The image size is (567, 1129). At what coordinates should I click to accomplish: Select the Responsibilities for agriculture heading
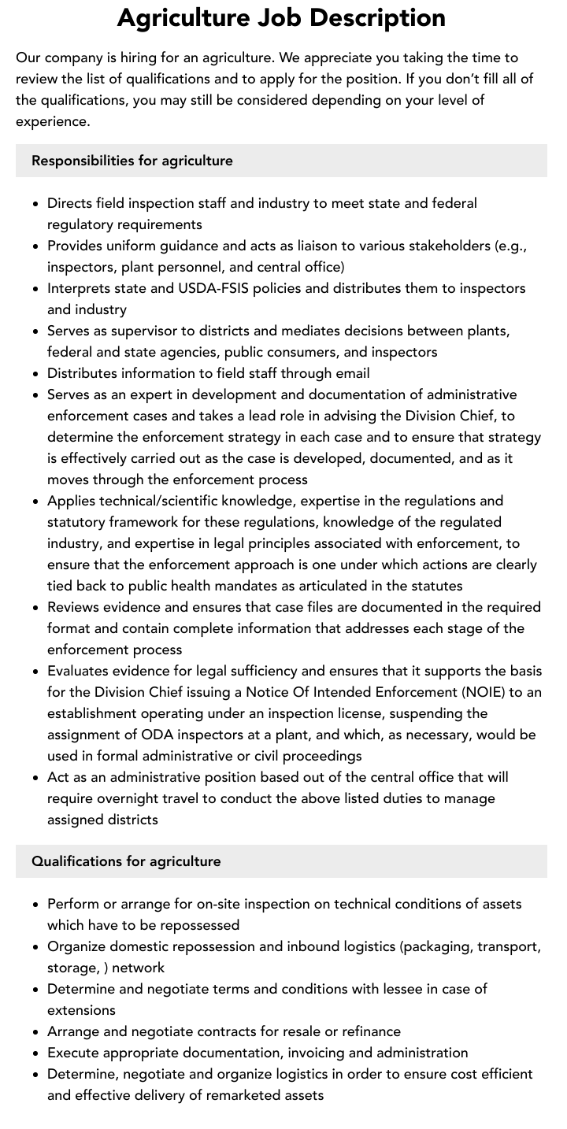[x=132, y=161]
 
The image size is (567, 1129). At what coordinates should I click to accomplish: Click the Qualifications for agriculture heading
[x=126, y=861]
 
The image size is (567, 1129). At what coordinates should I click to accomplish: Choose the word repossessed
[x=197, y=925]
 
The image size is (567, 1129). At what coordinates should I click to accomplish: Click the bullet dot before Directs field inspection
[x=36, y=203]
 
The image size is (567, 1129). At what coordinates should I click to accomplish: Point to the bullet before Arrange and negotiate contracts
[x=36, y=1031]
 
